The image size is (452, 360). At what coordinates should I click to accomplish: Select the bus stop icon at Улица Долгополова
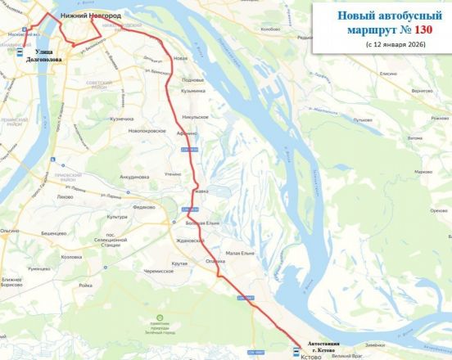coord(20,51)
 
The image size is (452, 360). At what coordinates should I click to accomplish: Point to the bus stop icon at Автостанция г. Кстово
coord(297,352)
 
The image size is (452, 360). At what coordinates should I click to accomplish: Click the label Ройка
coord(85,286)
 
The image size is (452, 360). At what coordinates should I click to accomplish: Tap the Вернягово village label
coord(423,90)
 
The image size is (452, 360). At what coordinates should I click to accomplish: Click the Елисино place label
coord(387,74)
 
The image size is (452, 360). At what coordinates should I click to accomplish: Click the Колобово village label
coord(269,29)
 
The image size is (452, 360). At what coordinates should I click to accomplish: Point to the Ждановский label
coord(189,241)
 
